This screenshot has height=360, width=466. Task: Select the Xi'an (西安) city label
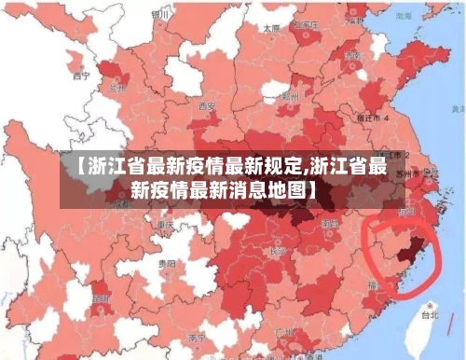pyautogui.click(x=207, y=106)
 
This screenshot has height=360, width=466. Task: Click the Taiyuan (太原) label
pyautogui.click(x=271, y=29)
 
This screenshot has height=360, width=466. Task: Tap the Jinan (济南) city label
pyautogui.click(x=353, y=55)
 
